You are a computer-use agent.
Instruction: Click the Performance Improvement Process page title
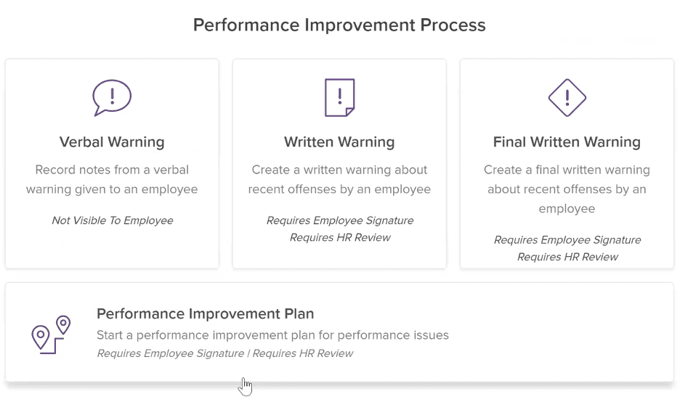pos(339,25)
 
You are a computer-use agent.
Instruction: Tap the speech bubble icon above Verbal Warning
pos(112,83)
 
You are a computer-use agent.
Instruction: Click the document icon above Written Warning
pos(339,97)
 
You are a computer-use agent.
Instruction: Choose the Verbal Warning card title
pos(112,142)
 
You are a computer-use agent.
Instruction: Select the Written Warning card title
pos(339,142)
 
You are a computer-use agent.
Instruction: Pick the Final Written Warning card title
pos(567,142)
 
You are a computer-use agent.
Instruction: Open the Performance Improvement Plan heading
pos(205,313)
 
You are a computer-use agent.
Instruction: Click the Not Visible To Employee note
pos(113,221)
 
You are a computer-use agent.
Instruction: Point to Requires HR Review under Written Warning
pos(340,237)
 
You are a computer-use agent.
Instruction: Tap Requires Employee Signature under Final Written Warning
pos(567,240)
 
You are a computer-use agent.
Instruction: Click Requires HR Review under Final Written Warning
pos(567,257)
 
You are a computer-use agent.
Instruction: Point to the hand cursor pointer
pos(245,386)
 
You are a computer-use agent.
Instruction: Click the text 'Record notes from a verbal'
pos(112,170)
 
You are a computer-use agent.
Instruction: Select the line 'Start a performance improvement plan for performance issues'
pos(272,335)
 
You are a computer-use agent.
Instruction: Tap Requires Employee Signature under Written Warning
pos(340,221)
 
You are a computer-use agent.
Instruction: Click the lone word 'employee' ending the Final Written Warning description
pos(567,209)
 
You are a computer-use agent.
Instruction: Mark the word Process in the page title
pos(453,25)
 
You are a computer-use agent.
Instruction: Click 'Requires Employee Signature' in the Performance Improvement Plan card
pos(171,353)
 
